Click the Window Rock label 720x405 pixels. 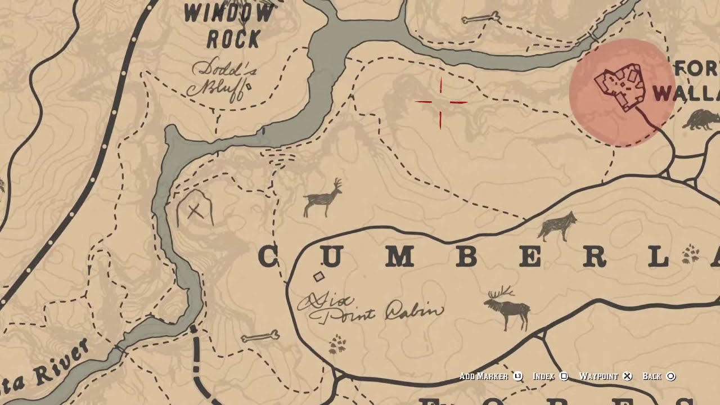[229, 25]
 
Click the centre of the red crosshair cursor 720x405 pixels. [441, 102]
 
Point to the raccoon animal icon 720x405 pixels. [700, 119]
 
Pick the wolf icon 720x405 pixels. [558, 226]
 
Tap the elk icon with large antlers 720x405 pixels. [507, 307]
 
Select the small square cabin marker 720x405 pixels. [319, 276]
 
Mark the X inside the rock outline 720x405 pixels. [195, 211]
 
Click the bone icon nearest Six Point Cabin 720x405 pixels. [260, 337]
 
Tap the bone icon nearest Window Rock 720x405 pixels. [480, 18]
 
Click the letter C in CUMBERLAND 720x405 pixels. [268, 257]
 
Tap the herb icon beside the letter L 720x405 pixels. [690, 255]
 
